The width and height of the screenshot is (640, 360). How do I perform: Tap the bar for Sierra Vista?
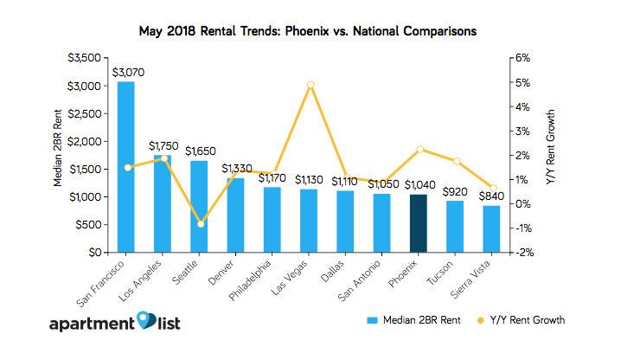(x=491, y=229)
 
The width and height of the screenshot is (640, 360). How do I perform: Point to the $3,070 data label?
(x=126, y=74)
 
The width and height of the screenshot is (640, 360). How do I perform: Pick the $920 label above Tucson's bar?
(x=455, y=192)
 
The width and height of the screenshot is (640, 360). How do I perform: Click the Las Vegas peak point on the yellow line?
(x=310, y=85)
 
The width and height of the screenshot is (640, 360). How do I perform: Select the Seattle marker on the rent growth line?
(x=201, y=224)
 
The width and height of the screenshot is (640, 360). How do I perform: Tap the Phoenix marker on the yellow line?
(x=419, y=150)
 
